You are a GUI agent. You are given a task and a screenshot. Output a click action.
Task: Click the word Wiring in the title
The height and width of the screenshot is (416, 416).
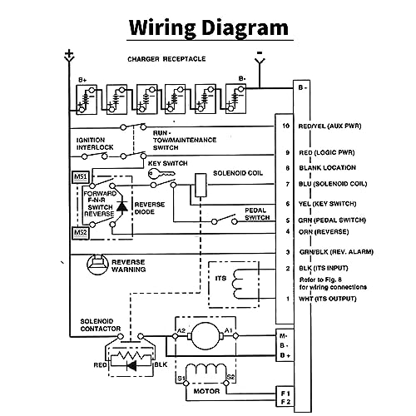click(x=162, y=28)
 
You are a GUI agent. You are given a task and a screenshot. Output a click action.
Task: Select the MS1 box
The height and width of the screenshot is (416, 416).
click(x=81, y=176)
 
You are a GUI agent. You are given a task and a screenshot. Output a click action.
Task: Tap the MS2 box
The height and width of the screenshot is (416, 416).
click(x=81, y=233)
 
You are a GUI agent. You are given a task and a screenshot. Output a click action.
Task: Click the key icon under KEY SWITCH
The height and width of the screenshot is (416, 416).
click(x=161, y=174)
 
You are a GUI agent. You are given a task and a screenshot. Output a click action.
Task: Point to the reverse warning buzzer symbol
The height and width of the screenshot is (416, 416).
click(x=97, y=265)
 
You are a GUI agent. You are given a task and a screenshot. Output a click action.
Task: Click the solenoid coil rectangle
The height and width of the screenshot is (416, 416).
click(x=201, y=185)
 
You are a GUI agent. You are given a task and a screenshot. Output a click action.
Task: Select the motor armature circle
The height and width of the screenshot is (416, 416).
click(x=206, y=336)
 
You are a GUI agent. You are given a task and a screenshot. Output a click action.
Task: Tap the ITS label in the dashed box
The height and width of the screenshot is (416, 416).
click(x=220, y=278)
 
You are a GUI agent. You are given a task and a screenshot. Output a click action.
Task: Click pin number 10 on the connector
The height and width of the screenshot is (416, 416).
click(x=286, y=126)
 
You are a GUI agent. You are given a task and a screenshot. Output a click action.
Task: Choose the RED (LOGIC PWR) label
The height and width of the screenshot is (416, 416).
click(x=327, y=152)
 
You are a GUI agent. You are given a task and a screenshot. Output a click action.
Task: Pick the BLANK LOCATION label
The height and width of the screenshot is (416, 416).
click(x=327, y=168)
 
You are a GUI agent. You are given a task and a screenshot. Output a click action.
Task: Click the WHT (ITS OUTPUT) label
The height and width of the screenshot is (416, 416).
click(x=328, y=299)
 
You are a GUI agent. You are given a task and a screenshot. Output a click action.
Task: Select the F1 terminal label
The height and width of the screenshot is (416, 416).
click(x=285, y=394)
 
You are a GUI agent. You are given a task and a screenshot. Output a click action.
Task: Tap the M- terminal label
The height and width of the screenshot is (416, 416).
click(x=284, y=336)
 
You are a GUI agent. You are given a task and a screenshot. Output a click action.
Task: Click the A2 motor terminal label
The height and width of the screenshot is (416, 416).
click(x=181, y=330)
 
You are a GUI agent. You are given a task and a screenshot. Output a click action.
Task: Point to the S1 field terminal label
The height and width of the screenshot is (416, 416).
click(x=181, y=378)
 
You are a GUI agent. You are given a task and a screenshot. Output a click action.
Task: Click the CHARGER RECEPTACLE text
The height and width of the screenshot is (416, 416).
click(x=166, y=59)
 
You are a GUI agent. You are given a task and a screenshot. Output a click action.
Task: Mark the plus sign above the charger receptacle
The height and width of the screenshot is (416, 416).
click(x=69, y=52)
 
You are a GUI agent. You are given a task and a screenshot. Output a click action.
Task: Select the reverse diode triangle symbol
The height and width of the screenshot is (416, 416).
click(x=122, y=206)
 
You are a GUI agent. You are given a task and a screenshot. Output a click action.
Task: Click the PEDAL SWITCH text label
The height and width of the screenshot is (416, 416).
click(x=257, y=214)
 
